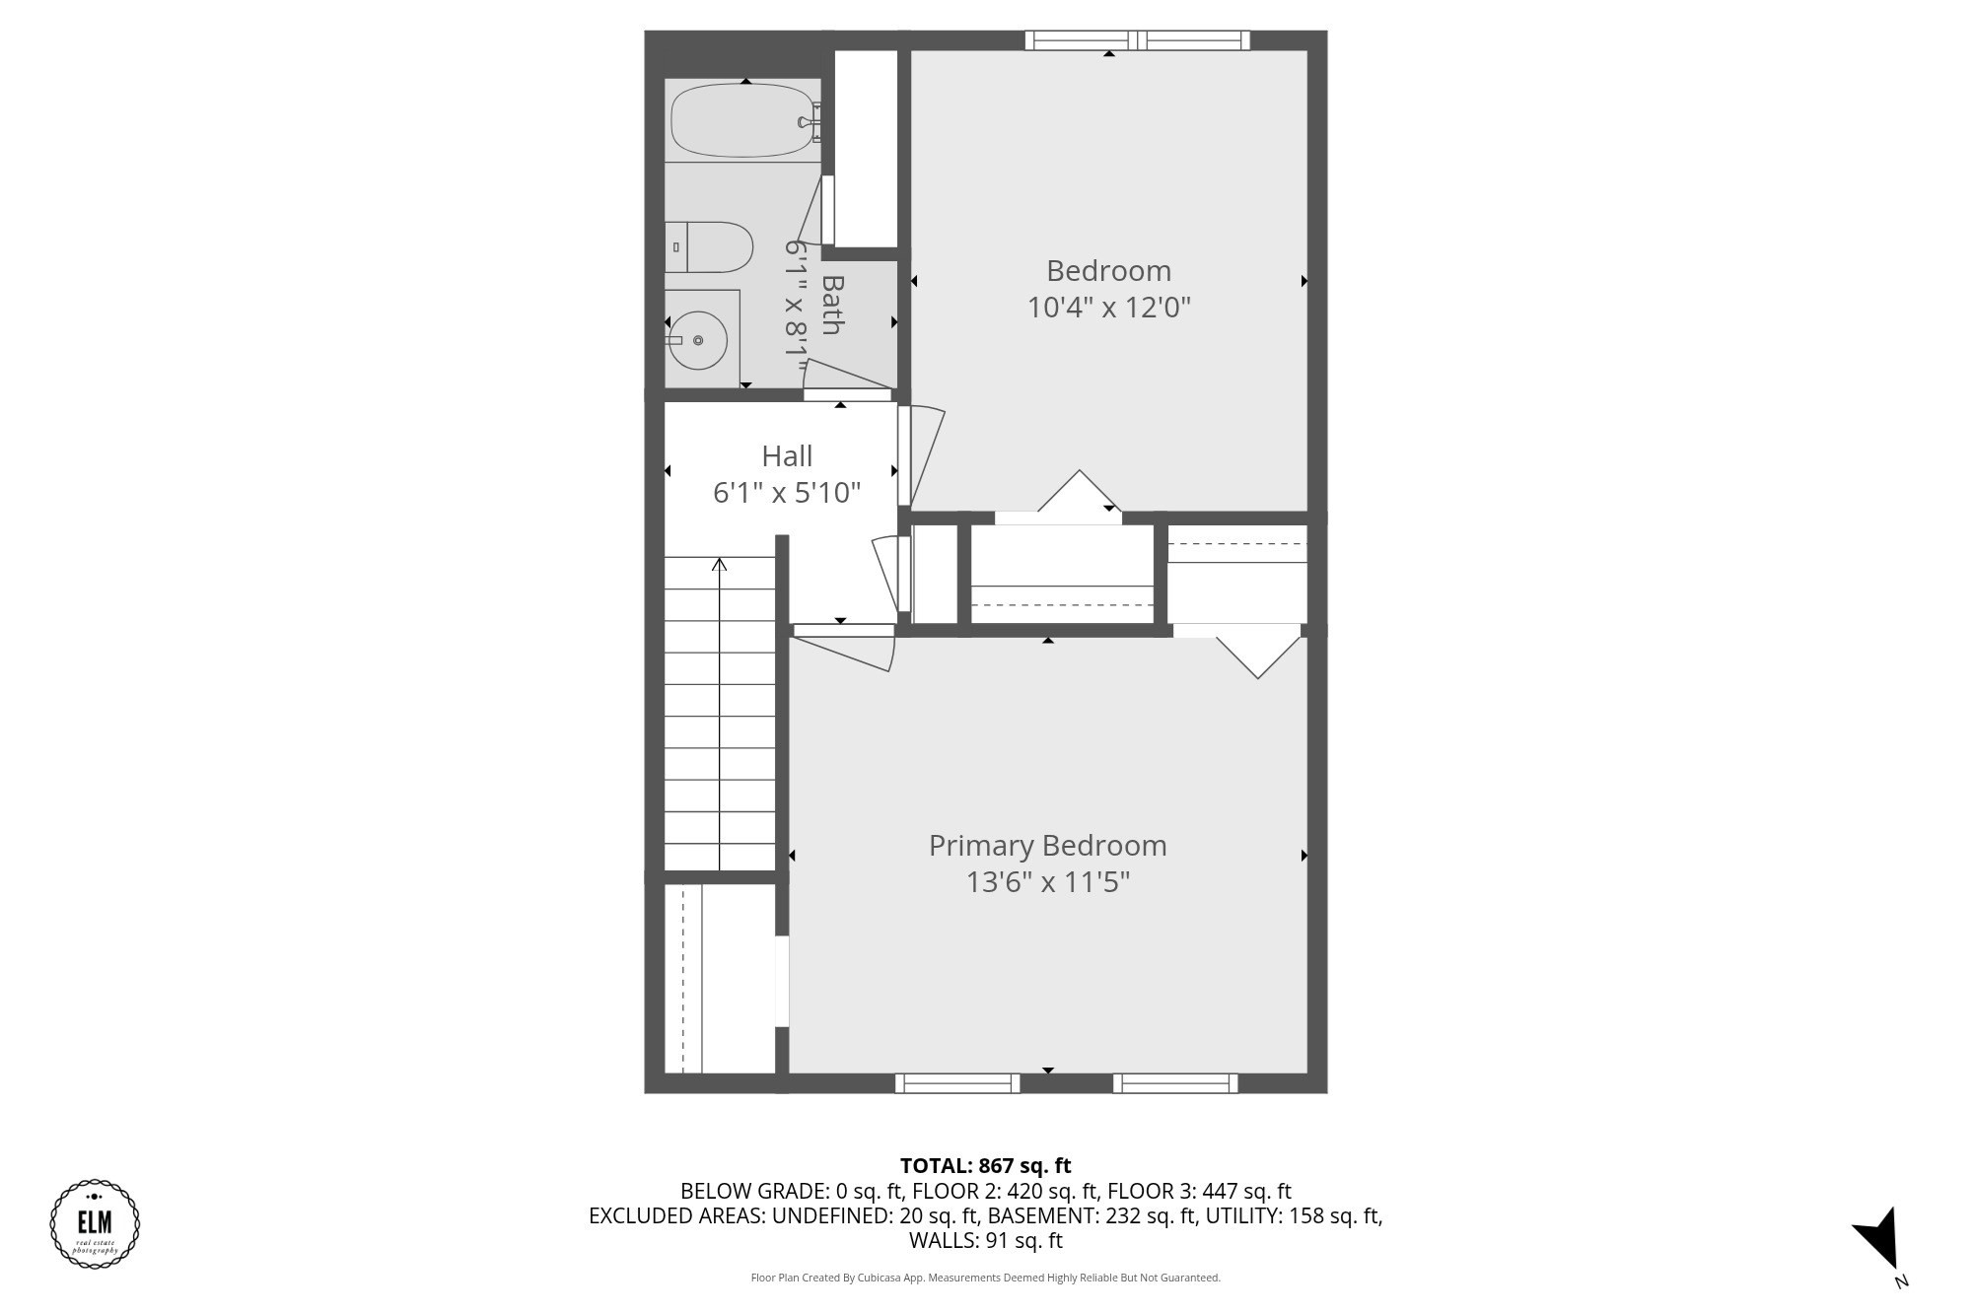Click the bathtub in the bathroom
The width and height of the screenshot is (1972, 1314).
(x=741, y=120)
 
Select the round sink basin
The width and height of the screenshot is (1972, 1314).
(x=698, y=340)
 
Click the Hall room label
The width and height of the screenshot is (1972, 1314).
(x=787, y=456)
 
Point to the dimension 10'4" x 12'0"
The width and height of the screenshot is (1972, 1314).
(x=1108, y=308)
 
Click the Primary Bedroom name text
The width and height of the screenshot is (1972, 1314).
(x=1047, y=846)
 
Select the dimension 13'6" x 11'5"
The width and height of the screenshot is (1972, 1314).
(x=1047, y=882)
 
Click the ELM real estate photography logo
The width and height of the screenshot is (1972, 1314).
(x=95, y=1223)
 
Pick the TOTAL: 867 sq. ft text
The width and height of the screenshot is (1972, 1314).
(x=985, y=1166)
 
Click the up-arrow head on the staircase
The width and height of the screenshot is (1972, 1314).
(x=720, y=565)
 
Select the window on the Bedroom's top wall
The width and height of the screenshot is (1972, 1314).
(x=1137, y=40)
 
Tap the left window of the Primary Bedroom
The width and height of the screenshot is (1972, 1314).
(x=956, y=1083)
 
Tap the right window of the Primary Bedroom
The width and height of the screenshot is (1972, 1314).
(x=1175, y=1083)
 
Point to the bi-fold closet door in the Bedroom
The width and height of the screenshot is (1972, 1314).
(x=1080, y=493)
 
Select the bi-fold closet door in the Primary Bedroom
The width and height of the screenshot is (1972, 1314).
(x=1257, y=656)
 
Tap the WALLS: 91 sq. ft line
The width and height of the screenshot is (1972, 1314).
(x=985, y=1241)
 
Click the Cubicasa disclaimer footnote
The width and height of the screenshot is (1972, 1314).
(x=985, y=1278)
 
